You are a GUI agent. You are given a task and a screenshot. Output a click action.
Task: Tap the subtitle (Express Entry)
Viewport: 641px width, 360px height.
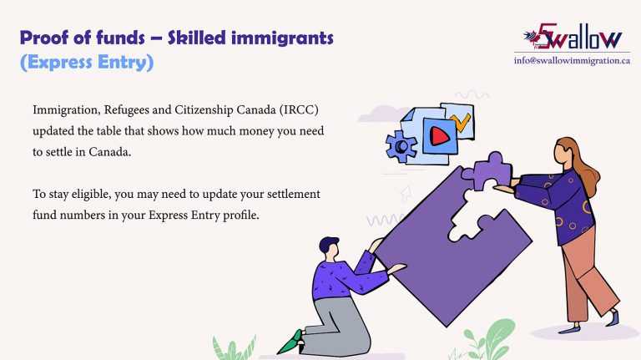(x=87, y=63)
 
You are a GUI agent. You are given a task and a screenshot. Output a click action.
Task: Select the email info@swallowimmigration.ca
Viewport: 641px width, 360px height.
(x=572, y=61)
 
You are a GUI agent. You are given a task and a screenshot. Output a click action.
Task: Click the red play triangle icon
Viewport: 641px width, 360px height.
(x=440, y=136)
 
